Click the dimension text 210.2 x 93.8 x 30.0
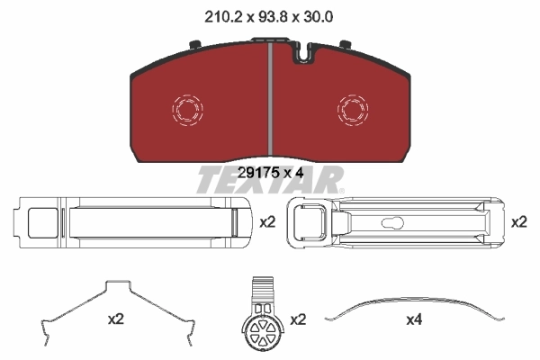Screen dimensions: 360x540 point(269,15)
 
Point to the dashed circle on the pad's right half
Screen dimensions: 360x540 point(352,110)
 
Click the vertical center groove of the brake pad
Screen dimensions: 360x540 point(270,99)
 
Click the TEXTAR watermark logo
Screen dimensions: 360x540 point(269,182)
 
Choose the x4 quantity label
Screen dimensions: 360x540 point(413,319)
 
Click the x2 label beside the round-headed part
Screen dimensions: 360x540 point(298,319)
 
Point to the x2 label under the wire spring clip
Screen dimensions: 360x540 point(115,319)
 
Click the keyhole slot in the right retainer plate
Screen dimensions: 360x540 point(395,223)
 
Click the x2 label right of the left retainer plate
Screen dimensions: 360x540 point(267,221)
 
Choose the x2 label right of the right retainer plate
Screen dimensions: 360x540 point(519,221)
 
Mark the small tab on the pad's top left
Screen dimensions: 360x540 point(194,43)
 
